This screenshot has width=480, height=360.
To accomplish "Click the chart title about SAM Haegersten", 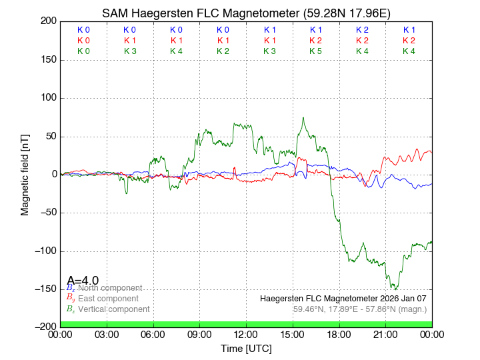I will [x=246, y=13].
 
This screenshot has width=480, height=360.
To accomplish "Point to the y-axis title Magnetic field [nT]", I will [x=25, y=174].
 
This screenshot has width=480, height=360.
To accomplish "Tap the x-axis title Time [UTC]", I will [x=246, y=349].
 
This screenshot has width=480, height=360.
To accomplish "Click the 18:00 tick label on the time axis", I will [x=339, y=334].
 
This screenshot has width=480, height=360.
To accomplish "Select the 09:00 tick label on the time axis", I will [x=200, y=334].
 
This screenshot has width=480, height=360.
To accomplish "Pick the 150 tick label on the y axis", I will [x=47, y=60].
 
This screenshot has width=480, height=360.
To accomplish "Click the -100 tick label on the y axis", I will [x=45, y=251].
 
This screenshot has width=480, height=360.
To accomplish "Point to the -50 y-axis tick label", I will [x=47, y=213].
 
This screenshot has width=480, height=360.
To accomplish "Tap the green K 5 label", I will [x=316, y=51].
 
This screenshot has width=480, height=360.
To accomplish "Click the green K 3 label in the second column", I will [x=130, y=51].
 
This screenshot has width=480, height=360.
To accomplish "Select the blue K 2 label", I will [x=362, y=30].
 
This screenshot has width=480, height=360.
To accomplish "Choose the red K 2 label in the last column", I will [x=409, y=41].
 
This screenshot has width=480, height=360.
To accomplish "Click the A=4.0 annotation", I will [x=83, y=280].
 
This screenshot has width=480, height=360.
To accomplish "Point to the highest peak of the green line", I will [x=303, y=118].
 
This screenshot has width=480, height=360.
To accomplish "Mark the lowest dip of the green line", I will [x=395, y=289].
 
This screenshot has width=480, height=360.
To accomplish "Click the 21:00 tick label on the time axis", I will [x=385, y=334].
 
